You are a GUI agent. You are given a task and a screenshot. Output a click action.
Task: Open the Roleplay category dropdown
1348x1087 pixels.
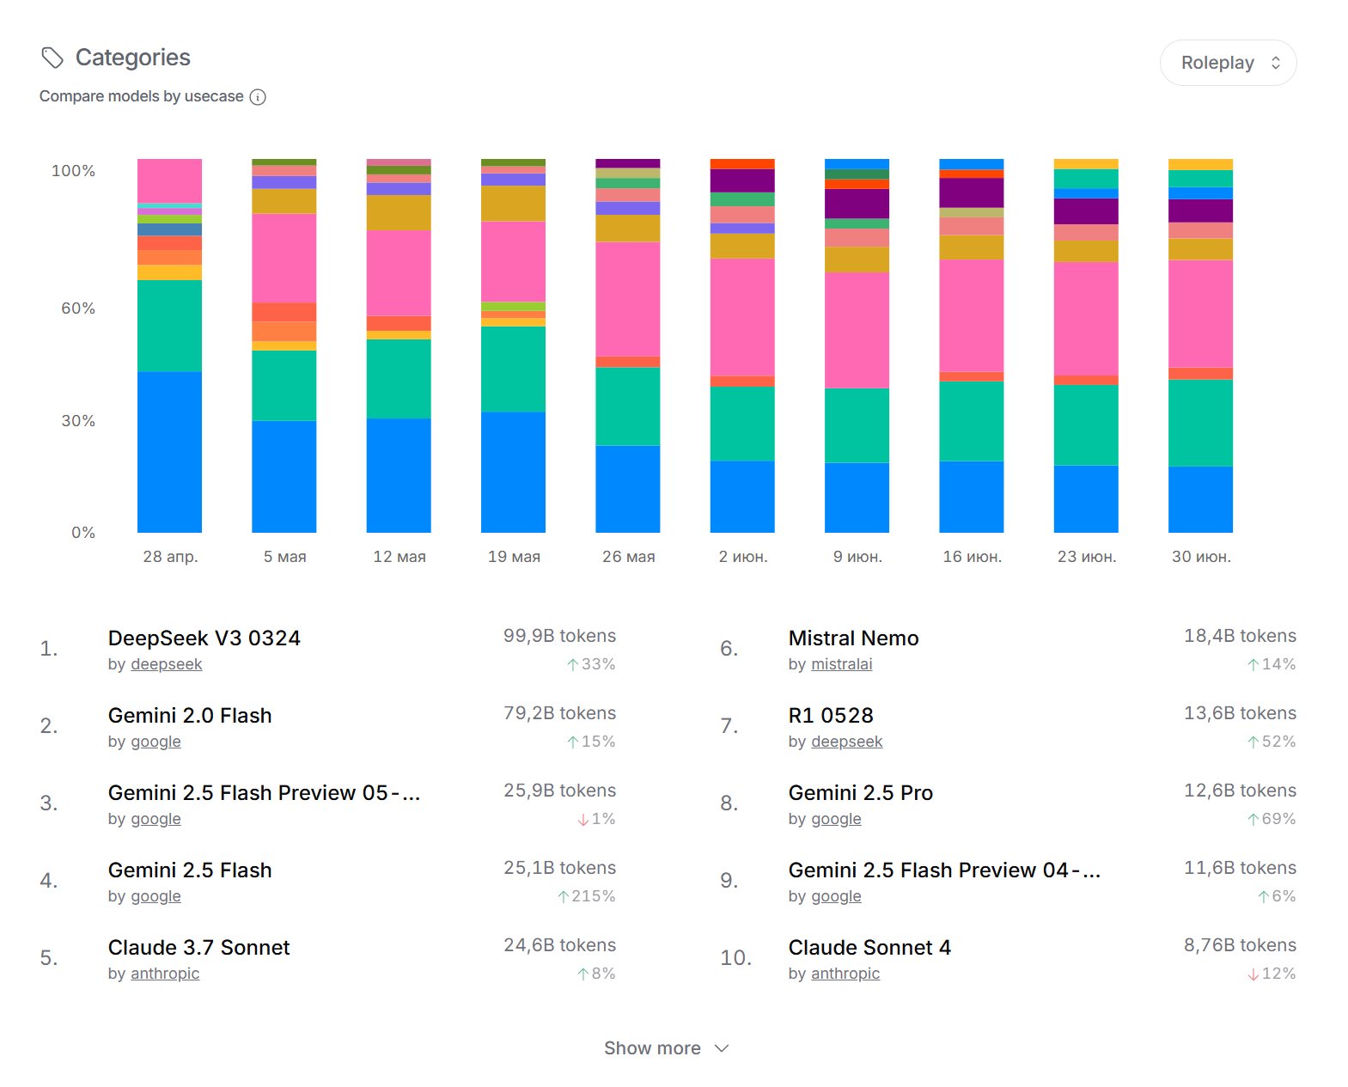[x=1228, y=63]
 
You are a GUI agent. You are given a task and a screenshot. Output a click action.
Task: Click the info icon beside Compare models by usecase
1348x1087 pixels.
[x=258, y=97]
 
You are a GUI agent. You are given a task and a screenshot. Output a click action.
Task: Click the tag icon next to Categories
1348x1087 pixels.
[x=52, y=58]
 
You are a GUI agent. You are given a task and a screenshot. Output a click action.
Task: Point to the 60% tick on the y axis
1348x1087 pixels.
[x=77, y=308]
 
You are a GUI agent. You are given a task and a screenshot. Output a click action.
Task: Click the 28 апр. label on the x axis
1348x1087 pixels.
[x=170, y=557]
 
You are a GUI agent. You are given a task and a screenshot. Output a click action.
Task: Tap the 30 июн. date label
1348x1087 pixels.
[x=1200, y=557]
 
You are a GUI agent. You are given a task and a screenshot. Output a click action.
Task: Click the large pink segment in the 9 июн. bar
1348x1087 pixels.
[x=857, y=330]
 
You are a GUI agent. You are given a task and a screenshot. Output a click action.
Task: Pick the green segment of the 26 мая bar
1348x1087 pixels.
[x=627, y=406]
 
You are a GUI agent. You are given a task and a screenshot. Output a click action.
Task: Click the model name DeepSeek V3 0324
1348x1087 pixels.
[x=204, y=638]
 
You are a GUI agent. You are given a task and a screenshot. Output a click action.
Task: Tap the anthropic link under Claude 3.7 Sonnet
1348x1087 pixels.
[x=165, y=974]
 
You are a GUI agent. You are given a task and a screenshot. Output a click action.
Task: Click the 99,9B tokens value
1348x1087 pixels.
[x=559, y=636]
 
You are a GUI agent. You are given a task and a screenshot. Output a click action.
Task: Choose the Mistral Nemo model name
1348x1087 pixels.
[x=853, y=638]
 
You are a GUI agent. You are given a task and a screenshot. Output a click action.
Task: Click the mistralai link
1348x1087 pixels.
[x=841, y=664]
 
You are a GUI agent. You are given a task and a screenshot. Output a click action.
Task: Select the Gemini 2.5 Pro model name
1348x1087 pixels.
[x=860, y=793]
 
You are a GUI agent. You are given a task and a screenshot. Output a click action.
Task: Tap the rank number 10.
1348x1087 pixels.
[x=735, y=958]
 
